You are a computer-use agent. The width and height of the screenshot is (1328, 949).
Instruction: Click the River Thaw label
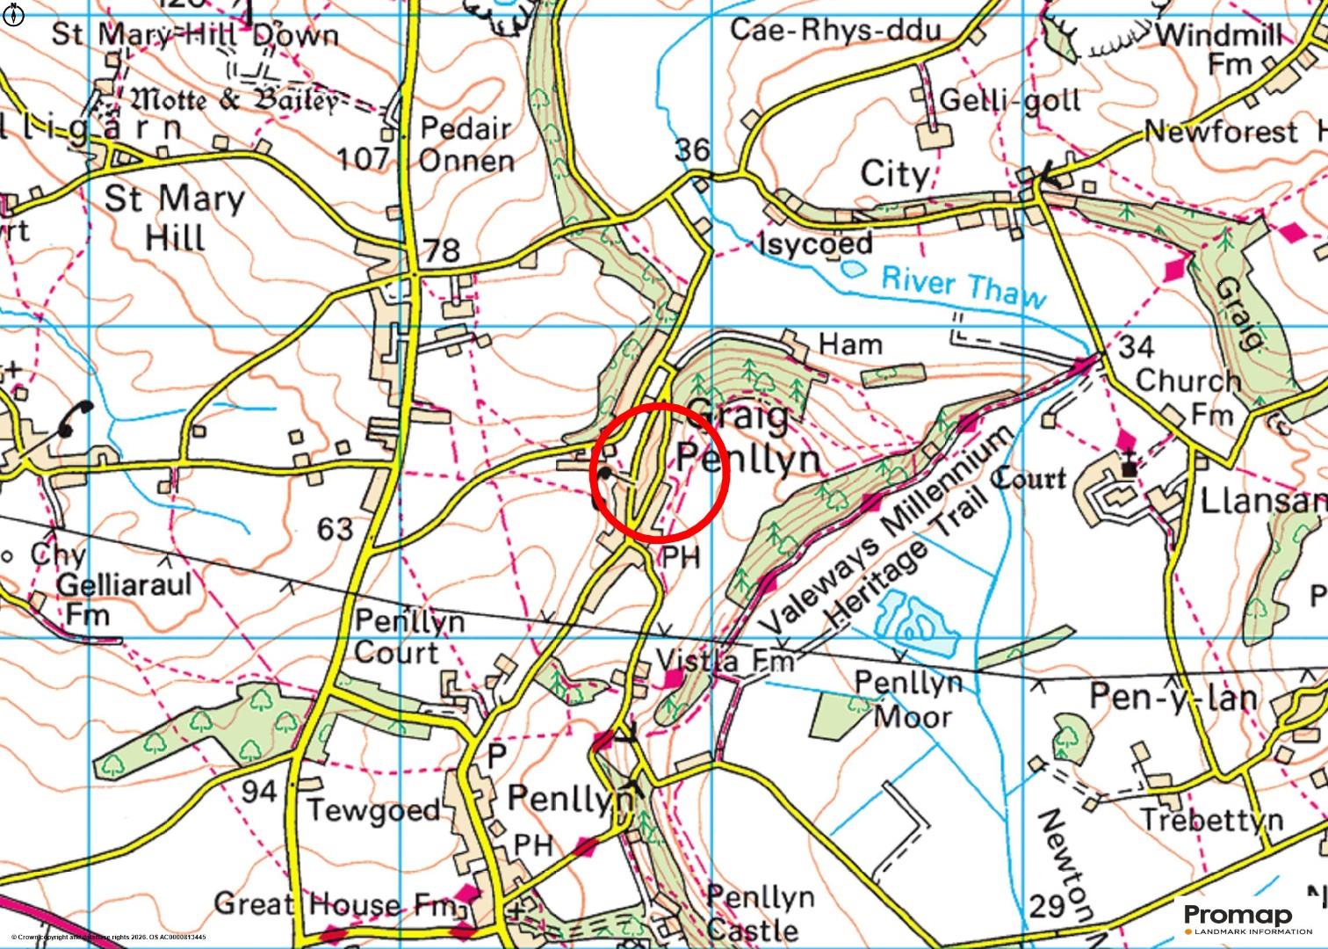coord(964,288)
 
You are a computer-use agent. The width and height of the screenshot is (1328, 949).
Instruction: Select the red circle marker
coord(661,471)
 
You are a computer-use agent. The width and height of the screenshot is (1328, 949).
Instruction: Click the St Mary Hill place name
coord(175,218)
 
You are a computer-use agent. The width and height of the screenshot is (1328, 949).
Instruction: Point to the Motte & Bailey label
coord(235,100)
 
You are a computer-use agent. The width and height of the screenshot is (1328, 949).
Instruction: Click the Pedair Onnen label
coord(466,144)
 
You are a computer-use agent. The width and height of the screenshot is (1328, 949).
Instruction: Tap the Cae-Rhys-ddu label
coord(835,30)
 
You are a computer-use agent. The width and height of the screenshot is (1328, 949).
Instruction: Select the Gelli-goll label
coord(1010,99)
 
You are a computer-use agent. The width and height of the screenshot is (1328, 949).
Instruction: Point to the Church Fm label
coord(1187,396)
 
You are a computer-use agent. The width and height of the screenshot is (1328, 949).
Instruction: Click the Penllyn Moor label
coord(909,699)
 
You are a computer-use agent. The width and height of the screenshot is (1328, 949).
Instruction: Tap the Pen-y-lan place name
coord(1173,697)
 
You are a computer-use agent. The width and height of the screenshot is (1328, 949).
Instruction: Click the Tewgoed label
coord(373,809)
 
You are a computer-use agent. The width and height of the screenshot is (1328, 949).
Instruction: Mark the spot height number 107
coord(363,158)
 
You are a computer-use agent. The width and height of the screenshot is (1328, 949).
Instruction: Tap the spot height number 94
coord(259,792)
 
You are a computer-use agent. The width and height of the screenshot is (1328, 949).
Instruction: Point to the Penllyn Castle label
coord(760,913)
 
